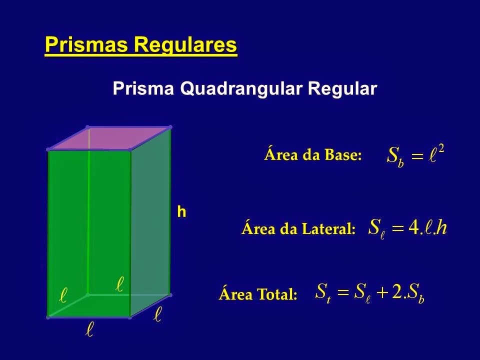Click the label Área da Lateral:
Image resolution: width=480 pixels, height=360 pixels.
(298, 229)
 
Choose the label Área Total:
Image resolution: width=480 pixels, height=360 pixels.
(258, 295)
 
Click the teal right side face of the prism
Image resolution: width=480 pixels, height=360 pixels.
(150, 220)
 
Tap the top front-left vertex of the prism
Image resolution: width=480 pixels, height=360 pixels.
(48, 149)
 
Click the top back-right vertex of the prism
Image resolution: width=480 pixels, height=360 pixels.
(170, 126)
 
